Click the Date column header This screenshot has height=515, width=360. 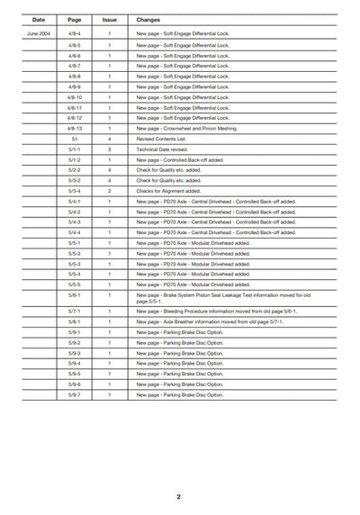[39, 18]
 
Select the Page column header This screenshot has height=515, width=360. [75, 18]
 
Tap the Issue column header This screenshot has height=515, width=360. [109, 18]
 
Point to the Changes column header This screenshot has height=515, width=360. [149, 18]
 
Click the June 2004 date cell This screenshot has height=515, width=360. [39, 33]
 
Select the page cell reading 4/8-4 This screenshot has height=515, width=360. [75, 33]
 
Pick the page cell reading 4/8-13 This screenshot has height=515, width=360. [75, 128]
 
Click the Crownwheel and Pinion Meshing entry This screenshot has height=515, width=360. [189, 128]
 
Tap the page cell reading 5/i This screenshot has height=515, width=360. [75, 139]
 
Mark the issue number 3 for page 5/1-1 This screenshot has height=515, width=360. [109, 149]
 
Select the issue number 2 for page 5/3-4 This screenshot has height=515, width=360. [109, 191]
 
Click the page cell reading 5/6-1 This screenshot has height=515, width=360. [75, 294]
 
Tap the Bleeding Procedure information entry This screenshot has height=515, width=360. [216, 311]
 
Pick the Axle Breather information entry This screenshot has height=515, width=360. [216, 321]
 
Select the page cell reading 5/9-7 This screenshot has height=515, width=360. [75, 394]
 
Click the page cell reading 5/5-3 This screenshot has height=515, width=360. [75, 264]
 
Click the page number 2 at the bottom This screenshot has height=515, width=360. [178, 496]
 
